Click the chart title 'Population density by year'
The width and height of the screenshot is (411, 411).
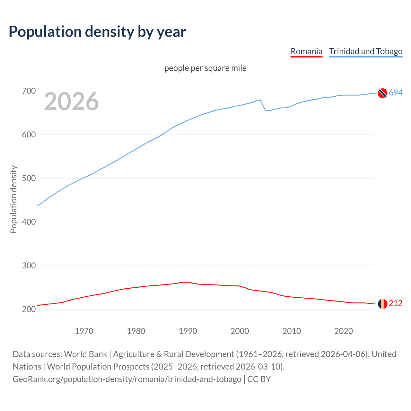pyautogui.click(x=97, y=31)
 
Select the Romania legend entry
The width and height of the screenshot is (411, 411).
pyautogui.click(x=306, y=51)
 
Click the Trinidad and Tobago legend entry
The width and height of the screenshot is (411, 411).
pyautogui.click(x=366, y=51)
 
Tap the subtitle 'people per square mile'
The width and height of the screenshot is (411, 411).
pyautogui.click(x=205, y=68)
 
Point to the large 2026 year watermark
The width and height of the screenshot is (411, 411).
pyautogui.click(x=71, y=101)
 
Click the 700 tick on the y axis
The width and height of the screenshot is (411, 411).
pyautogui.click(x=29, y=91)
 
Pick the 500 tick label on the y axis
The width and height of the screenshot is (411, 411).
pyautogui.click(x=29, y=179)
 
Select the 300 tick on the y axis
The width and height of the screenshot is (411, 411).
pyautogui.click(x=29, y=266)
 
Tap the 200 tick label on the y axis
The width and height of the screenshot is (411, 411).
pyautogui.click(x=29, y=310)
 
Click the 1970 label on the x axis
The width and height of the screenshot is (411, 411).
pyautogui.click(x=84, y=331)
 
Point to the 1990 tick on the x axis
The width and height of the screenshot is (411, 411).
pyautogui.click(x=188, y=331)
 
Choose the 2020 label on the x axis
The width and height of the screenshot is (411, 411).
pyautogui.click(x=344, y=331)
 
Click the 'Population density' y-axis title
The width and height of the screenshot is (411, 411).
pyautogui.click(x=13, y=199)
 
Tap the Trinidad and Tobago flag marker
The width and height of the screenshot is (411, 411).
pyautogui.click(x=382, y=93)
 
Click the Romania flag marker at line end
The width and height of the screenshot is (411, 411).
pyautogui.click(x=382, y=304)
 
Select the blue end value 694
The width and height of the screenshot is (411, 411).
pyautogui.click(x=396, y=93)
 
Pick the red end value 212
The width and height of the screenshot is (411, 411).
pyautogui.click(x=396, y=303)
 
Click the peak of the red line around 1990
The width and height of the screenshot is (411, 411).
pyautogui.click(x=186, y=282)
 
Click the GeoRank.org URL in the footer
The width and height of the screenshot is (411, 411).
pyautogui.click(x=127, y=379)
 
